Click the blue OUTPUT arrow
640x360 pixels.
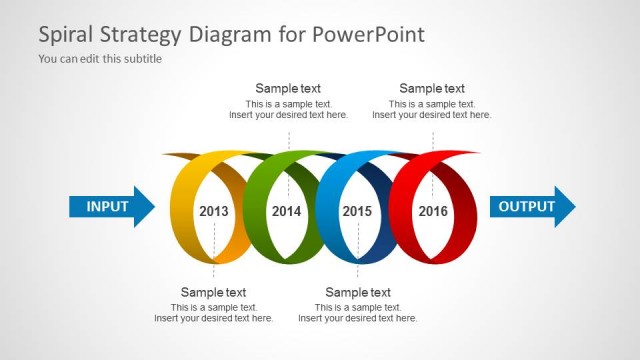530,207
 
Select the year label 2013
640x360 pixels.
214,211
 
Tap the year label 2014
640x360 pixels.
286,211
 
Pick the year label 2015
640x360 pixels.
357,211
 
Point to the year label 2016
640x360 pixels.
433,211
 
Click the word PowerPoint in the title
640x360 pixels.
369,35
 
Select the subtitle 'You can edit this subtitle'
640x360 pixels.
100,58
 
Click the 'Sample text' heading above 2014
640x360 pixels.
288,88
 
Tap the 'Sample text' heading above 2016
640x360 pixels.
432,88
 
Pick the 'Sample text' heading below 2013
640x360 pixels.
213,292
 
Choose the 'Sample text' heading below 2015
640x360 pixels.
358,292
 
